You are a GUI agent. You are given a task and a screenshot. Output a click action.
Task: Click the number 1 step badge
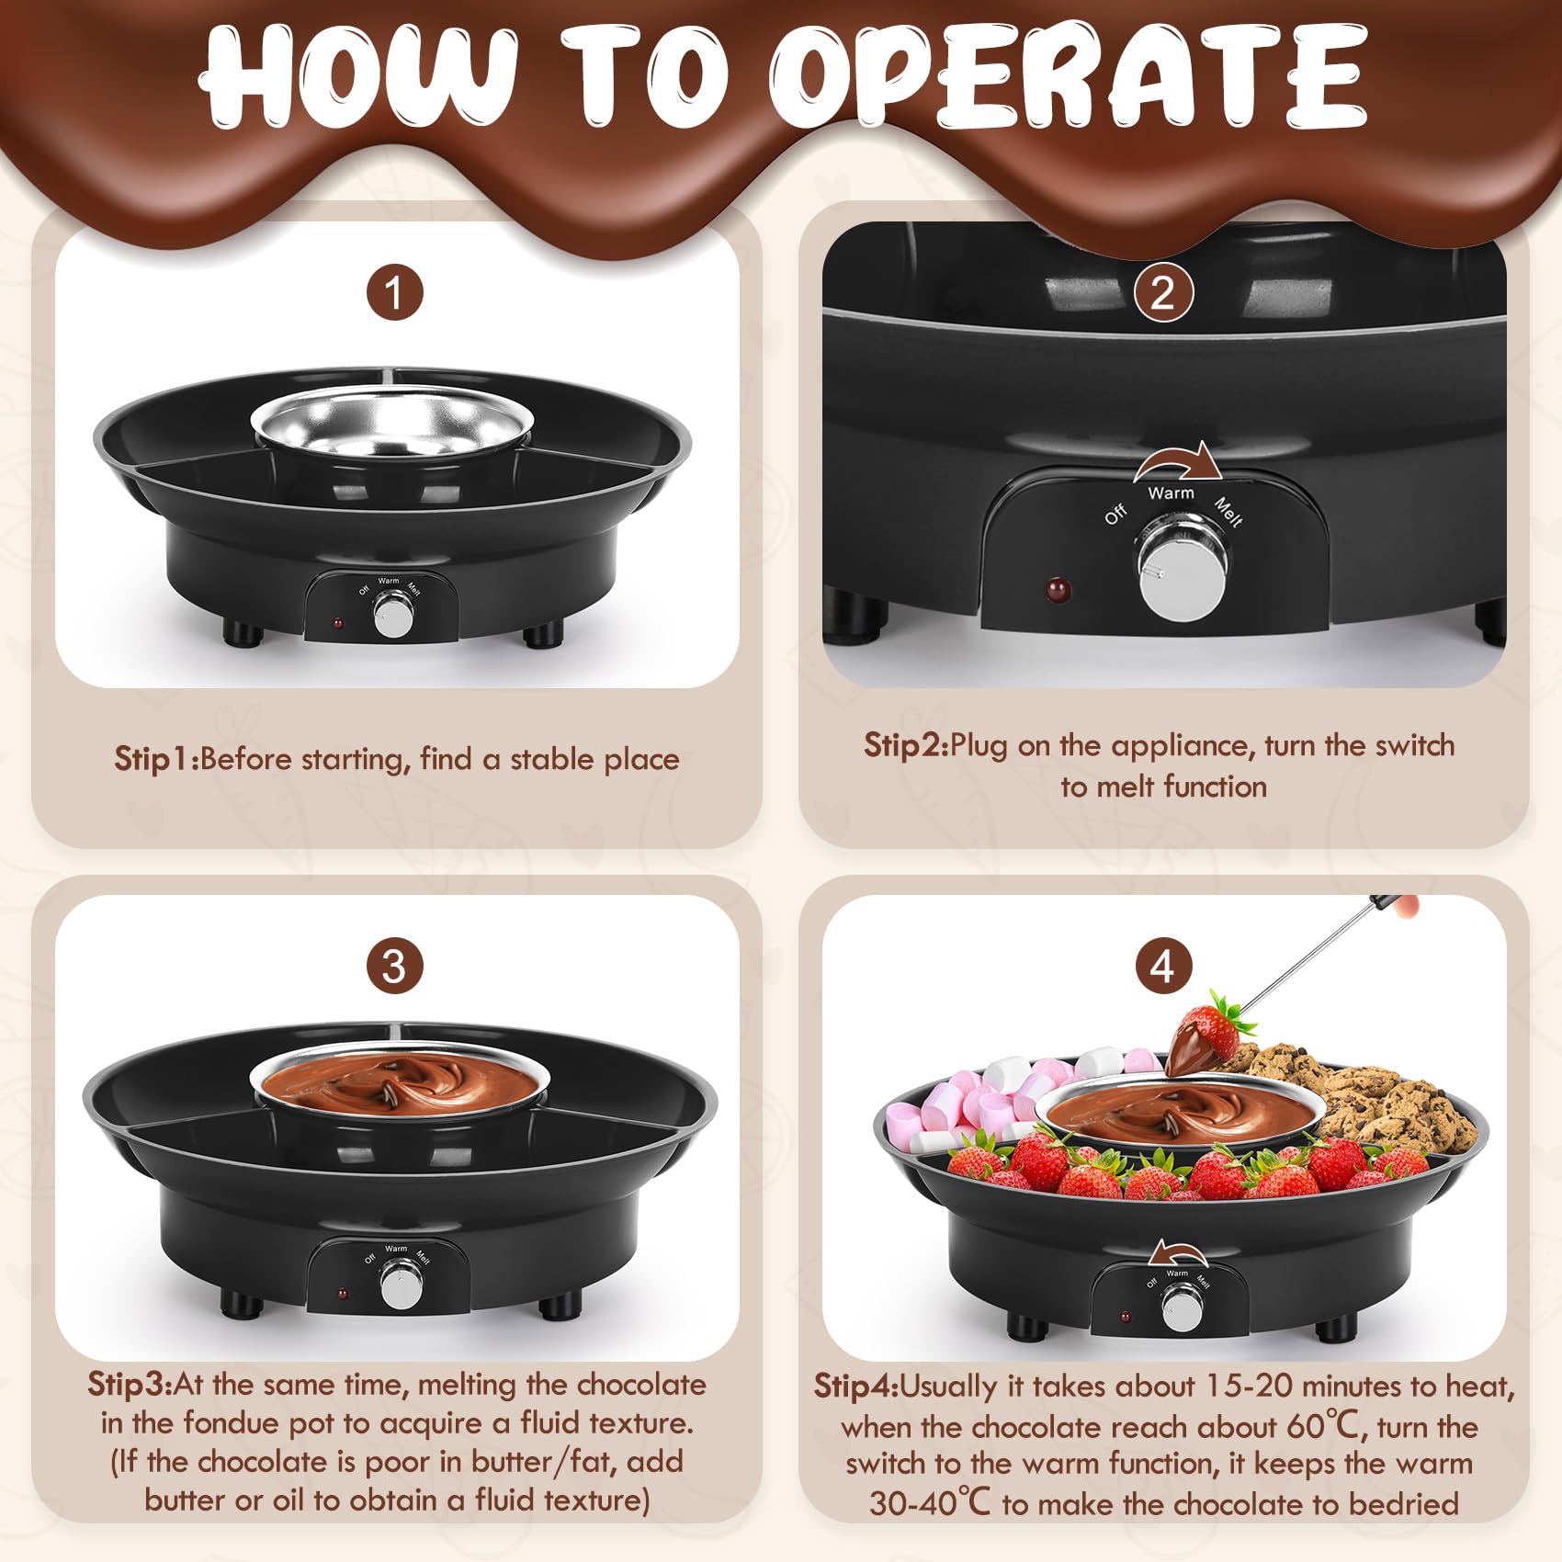(394, 294)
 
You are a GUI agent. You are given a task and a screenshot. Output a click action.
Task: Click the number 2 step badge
(1162, 294)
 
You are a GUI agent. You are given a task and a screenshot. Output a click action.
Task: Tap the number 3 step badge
(394, 966)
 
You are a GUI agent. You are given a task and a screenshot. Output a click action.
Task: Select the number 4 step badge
(1162, 966)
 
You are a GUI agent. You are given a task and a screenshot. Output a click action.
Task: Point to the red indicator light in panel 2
(1058, 590)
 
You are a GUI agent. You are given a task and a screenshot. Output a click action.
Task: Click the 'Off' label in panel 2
(1115, 514)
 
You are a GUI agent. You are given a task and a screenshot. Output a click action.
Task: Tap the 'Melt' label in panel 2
(1228, 513)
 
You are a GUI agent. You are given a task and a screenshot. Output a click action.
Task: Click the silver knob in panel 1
(393, 615)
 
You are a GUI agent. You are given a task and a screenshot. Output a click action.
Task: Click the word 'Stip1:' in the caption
(156, 759)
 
